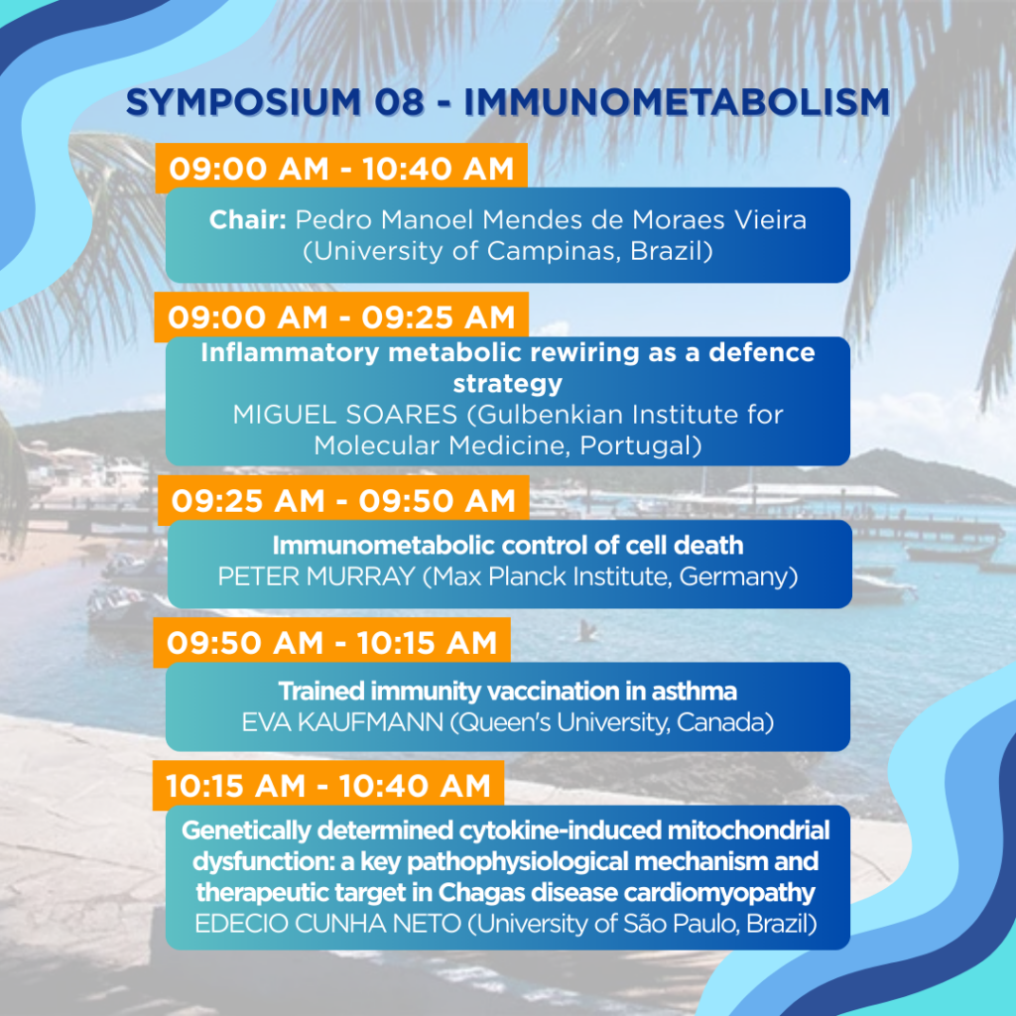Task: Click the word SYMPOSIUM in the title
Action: [243, 102]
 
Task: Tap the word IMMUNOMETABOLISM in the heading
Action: [677, 102]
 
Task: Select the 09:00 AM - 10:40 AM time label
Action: [341, 169]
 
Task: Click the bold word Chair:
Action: [247, 220]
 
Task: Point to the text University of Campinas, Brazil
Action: [508, 251]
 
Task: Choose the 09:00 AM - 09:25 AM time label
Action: [341, 317]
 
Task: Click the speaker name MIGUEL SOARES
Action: [344, 415]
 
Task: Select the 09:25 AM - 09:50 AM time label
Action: [343, 501]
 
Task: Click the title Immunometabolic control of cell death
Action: [508, 546]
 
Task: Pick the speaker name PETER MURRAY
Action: [317, 576]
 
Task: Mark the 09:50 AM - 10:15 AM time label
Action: [331, 643]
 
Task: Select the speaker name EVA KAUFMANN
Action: [342, 722]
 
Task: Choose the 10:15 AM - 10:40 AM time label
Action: [328, 786]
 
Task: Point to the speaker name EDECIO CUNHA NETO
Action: [327, 924]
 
